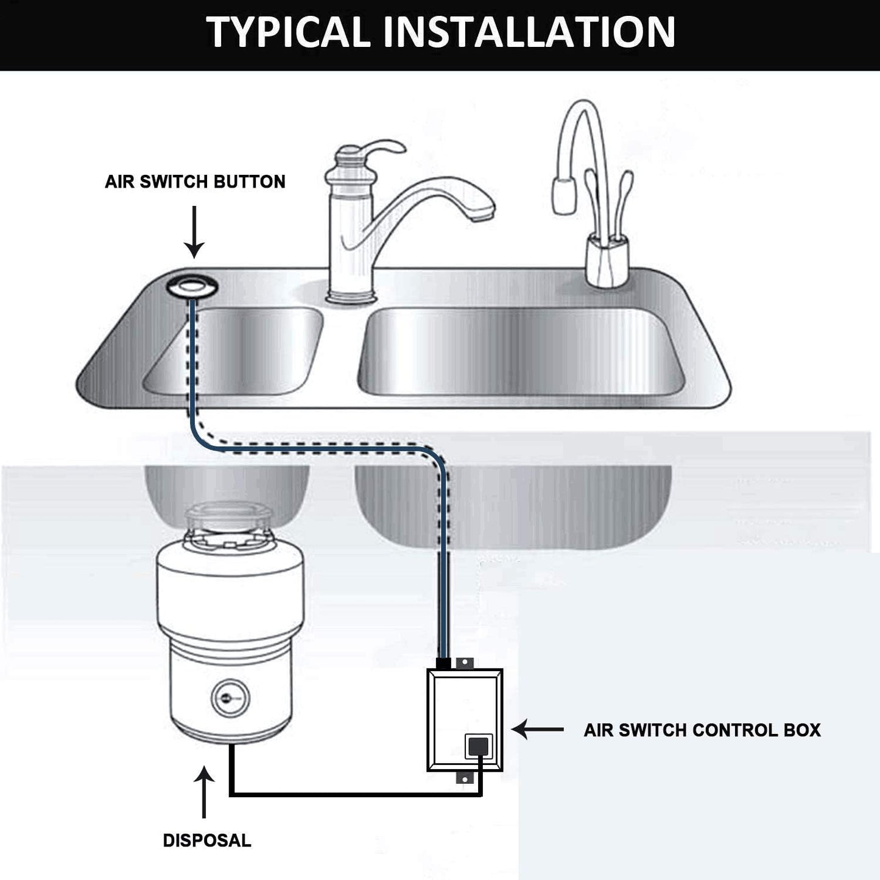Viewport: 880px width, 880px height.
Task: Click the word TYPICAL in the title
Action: tap(289, 32)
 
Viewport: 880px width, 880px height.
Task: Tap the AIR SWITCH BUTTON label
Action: tap(195, 181)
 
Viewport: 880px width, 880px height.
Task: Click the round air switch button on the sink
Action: tap(189, 286)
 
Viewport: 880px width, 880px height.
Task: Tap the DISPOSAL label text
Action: tap(206, 840)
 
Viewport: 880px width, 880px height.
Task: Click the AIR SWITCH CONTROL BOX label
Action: tap(702, 730)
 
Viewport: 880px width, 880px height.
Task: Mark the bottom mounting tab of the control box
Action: tap(464, 779)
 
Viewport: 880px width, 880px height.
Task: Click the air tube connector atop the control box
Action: tap(445, 663)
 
